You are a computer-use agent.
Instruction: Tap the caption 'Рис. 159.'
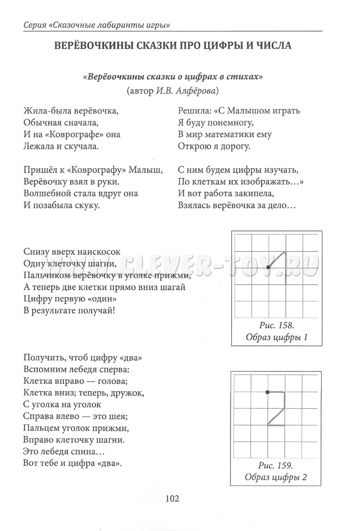[x=275, y=465]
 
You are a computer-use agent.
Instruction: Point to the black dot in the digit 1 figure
[x=268, y=268]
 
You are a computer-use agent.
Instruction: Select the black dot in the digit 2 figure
[x=268, y=392]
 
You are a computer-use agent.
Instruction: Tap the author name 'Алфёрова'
[x=195, y=90]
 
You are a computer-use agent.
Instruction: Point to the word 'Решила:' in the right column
[x=194, y=110]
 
